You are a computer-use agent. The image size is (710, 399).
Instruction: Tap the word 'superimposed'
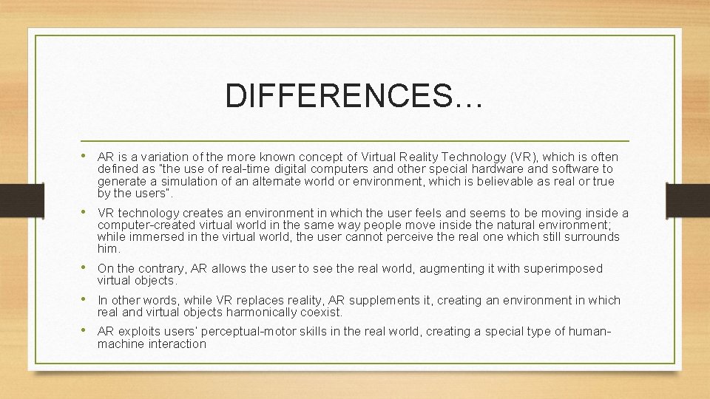pyautogui.click(x=565, y=268)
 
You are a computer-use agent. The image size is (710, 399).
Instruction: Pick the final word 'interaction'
pyautogui.click(x=173, y=344)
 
